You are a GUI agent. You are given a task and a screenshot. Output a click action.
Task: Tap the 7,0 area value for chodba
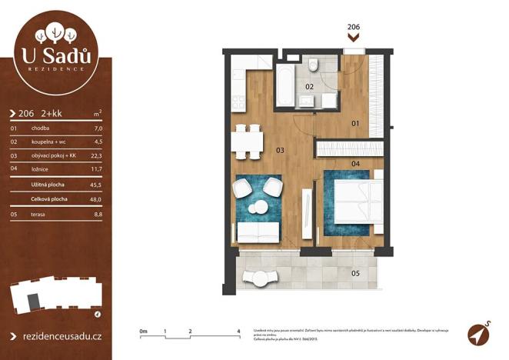[x=97, y=128]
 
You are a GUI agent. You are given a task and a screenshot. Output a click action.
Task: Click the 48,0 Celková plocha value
[x=96, y=199]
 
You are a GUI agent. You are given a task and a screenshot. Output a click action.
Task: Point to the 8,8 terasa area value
[x=97, y=215]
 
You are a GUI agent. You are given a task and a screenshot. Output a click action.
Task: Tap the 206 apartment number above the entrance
[x=354, y=27]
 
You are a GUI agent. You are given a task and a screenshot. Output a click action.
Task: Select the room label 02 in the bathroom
[x=309, y=87]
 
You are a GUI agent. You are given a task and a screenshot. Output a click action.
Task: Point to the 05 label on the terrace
[x=355, y=272]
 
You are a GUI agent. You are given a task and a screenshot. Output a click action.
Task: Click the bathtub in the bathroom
[x=284, y=86]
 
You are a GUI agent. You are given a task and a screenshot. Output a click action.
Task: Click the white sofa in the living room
[x=258, y=231]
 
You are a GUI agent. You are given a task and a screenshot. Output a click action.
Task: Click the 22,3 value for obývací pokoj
[x=96, y=155]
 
